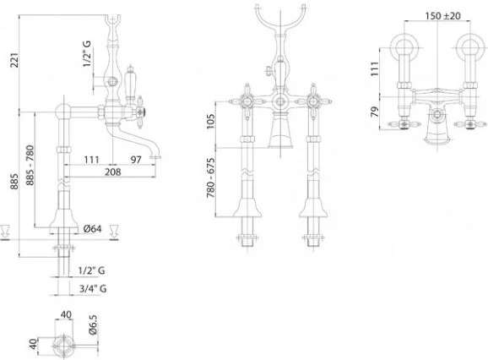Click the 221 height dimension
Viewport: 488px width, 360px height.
pyautogui.click(x=15, y=60)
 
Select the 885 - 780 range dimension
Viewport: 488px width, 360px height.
pyautogui.click(x=30, y=166)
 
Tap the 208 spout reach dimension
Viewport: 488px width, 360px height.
pyautogui.click(x=112, y=172)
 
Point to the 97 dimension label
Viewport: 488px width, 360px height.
pyautogui.click(x=136, y=160)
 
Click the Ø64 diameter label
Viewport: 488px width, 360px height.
pyautogui.click(x=92, y=228)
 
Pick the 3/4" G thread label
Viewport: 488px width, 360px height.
pyautogui.click(x=93, y=288)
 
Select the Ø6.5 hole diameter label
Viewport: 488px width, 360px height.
pyautogui.click(x=93, y=325)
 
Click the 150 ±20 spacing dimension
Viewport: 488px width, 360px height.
pyautogui.click(x=443, y=15)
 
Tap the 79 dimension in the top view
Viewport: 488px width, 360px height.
pyautogui.click(x=376, y=112)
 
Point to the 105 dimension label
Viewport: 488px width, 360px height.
pyautogui.click(x=211, y=122)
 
